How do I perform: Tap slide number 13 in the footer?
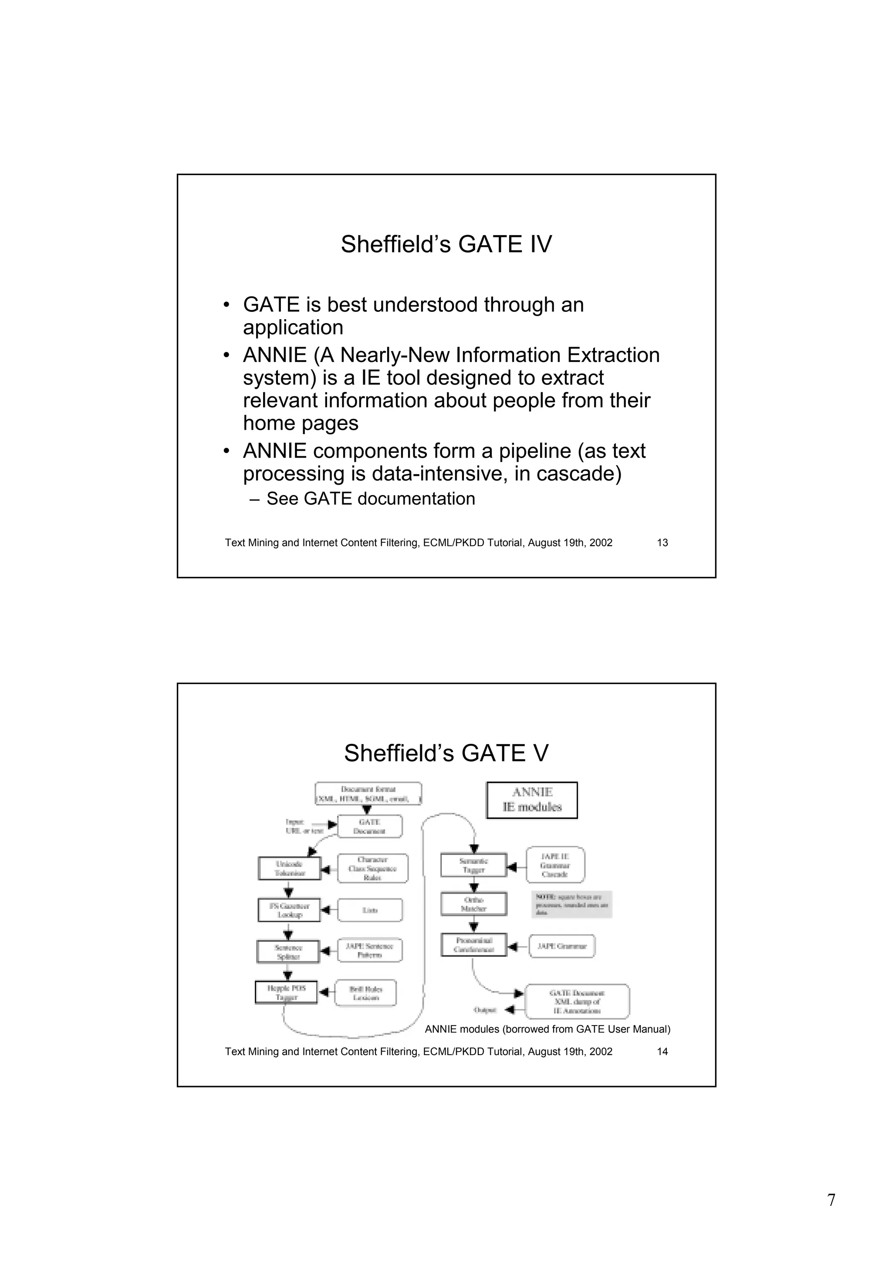662,543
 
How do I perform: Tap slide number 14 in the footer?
662,1052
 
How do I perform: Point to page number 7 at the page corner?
831,1201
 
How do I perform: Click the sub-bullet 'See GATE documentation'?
370,499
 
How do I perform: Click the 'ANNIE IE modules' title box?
532,800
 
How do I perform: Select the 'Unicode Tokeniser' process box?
290,868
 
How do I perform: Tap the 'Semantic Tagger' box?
473,866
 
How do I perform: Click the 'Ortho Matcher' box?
473,904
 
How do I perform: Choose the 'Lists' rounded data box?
370,910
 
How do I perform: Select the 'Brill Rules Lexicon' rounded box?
365,993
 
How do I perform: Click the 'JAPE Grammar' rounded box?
562,947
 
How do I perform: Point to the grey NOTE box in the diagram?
571,904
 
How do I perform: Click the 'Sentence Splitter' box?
288,952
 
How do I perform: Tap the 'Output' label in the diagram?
485,1010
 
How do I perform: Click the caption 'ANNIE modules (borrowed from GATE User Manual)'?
547,1029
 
